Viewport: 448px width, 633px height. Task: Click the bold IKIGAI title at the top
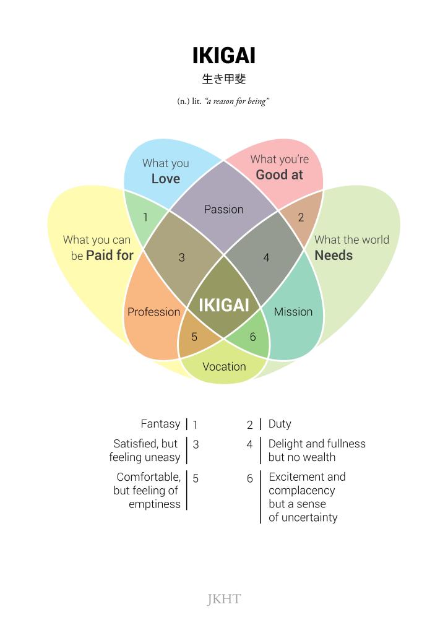coord(223,56)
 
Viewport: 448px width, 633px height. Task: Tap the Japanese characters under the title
coord(223,79)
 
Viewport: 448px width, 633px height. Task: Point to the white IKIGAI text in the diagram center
coord(223,305)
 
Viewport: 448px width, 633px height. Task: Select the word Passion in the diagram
coord(223,210)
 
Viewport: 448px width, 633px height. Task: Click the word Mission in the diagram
coord(293,312)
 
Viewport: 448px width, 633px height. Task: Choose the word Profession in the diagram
coord(153,312)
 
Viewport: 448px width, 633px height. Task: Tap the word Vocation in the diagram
coord(224,366)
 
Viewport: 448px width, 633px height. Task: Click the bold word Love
coord(166,179)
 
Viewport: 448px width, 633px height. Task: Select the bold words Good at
coord(280,174)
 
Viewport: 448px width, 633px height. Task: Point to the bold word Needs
coord(334,256)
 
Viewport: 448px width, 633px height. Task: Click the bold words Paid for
coord(110,256)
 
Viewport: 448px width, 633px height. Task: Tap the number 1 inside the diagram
coord(145,217)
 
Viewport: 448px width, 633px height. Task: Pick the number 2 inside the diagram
coord(301,217)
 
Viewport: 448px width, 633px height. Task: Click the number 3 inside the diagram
coord(181,257)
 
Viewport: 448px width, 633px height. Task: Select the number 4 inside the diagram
coord(266,257)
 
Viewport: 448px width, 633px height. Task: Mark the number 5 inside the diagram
coord(194,337)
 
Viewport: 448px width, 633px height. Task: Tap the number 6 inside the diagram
coord(252,337)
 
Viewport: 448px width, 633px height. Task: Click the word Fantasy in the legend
coord(160,424)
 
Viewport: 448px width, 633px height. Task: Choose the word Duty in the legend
coord(280,424)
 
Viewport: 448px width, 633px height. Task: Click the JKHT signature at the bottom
coord(223,599)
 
